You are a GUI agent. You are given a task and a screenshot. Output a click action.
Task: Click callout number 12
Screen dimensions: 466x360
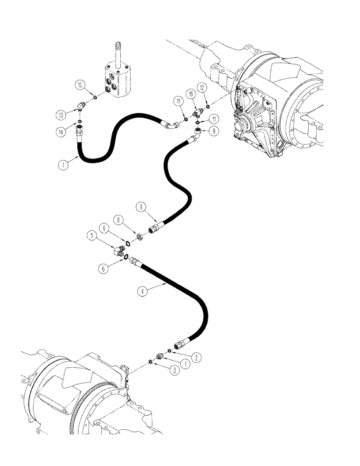(x=202, y=87)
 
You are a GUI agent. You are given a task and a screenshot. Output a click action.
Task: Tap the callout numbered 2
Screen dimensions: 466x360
(x=198, y=357)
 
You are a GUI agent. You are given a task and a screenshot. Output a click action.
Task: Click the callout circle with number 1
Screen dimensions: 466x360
(x=187, y=363)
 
